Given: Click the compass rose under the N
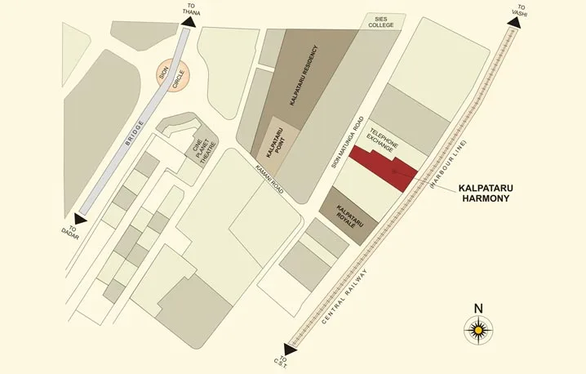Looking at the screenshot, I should (x=478, y=331).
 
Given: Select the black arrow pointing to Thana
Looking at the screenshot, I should (x=189, y=23).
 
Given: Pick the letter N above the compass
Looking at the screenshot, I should (x=478, y=309).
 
